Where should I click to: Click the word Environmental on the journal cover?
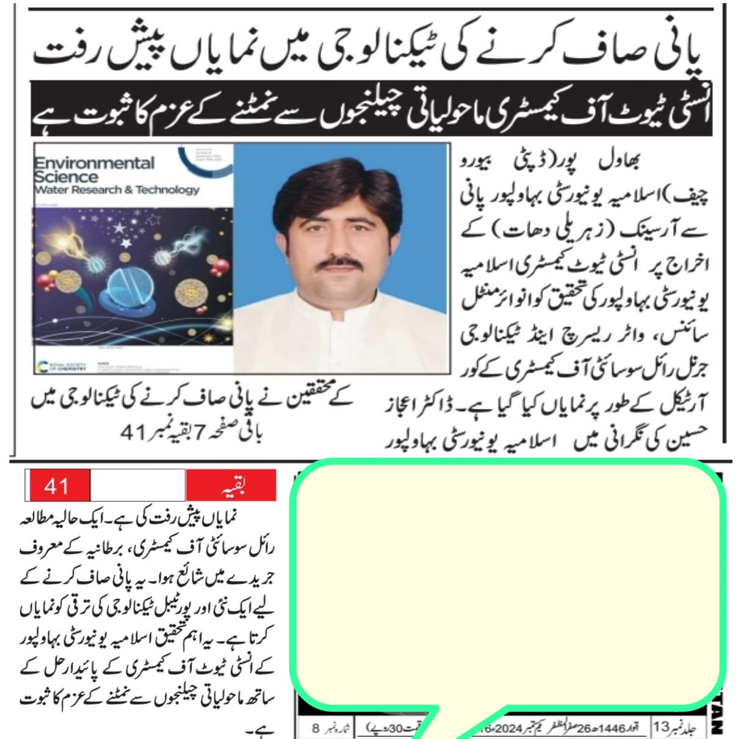(x=95, y=164)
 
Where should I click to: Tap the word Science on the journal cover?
(x=66, y=177)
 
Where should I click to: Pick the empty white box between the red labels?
(x=137, y=486)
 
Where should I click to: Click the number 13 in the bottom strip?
(x=662, y=728)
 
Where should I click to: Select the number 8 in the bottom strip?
(x=316, y=729)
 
